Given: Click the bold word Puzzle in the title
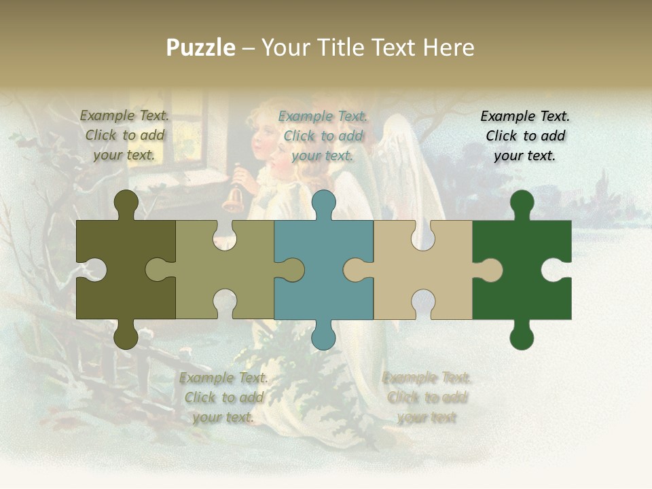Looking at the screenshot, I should point(201,48).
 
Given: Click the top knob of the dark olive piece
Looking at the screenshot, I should point(126,203).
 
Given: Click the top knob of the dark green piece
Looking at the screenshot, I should point(522,203).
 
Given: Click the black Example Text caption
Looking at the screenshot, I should point(525,136).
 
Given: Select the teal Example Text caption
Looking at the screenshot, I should point(323,136).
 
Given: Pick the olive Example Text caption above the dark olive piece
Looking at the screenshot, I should point(124,135).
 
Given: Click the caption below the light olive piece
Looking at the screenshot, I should point(223,397).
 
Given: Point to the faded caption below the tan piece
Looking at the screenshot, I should point(427,397).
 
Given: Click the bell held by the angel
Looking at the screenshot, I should point(233,198).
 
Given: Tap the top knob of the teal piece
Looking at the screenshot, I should point(323,203).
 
